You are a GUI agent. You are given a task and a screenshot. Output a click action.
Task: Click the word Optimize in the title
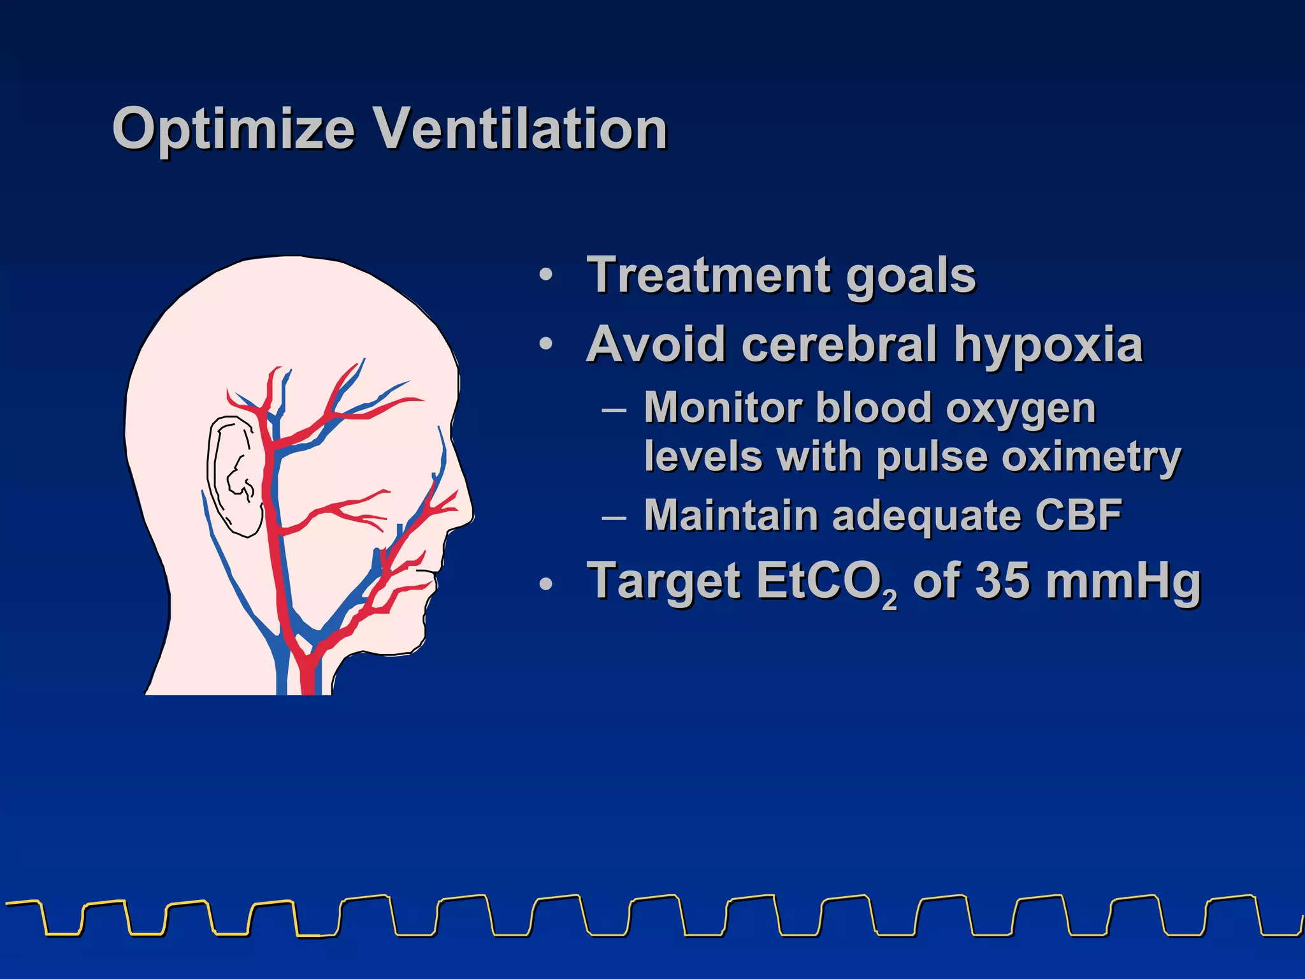233,129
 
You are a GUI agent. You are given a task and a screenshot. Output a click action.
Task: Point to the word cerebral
840,344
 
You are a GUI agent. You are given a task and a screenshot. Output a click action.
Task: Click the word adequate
927,516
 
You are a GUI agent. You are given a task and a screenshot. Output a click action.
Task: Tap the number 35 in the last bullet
1002,581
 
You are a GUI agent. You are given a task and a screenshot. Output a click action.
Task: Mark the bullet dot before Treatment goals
545,275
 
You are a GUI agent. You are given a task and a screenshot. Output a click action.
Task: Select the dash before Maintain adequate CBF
614,516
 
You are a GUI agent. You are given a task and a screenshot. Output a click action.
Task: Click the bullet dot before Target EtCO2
545,583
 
